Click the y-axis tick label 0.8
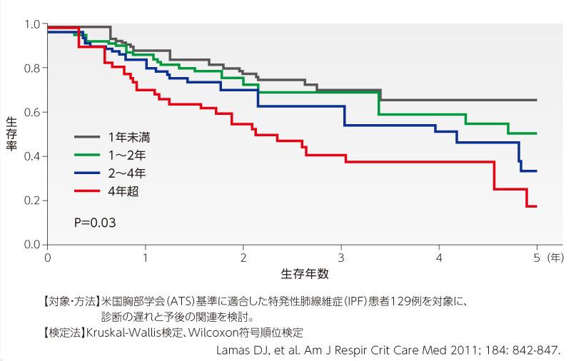click(32, 68)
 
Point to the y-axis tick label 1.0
click(32, 24)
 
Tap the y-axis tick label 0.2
click(32, 201)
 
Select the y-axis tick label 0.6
click(32, 113)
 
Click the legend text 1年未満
click(129, 136)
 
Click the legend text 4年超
click(123, 190)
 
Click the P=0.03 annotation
click(95, 223)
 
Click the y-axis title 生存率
click(12, 136)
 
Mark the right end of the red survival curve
click(536, 206)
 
